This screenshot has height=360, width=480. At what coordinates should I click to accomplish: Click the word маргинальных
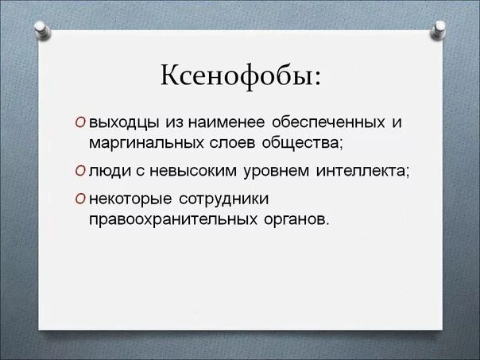[x=145, y=143]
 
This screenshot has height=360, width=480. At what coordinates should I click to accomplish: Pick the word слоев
[x=228, y=143]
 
